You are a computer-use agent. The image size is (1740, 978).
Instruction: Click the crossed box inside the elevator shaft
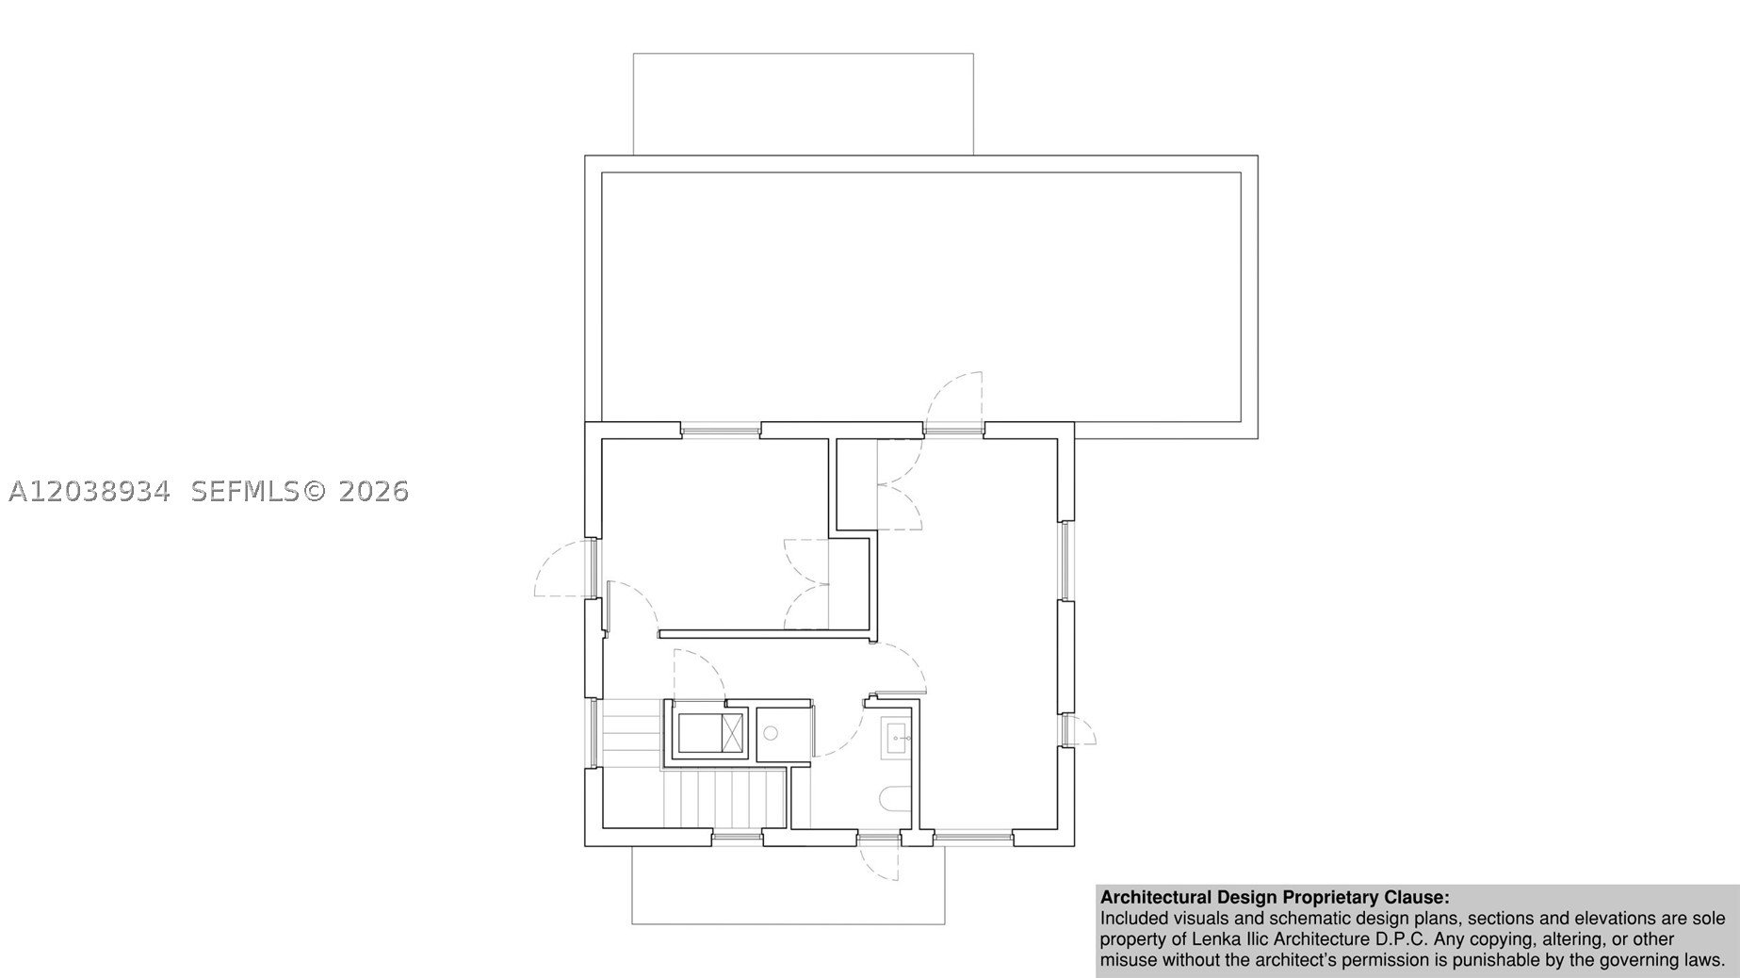tap(732, 733)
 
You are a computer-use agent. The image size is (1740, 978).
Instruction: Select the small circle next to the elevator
tap(771, 732)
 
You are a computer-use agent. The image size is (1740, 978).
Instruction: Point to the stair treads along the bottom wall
tap(724, 799)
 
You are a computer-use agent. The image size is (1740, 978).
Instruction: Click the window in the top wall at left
tap(721, 431)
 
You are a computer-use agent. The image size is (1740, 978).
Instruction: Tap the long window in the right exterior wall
tap(1065, 561)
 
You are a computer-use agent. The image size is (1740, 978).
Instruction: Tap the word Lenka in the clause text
tap(1216, 939)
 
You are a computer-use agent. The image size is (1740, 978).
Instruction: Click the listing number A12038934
tap(89, 491)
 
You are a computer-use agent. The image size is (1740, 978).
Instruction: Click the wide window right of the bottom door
tap(972, 835)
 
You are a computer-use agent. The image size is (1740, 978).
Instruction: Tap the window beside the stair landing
tap(593, 733)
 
